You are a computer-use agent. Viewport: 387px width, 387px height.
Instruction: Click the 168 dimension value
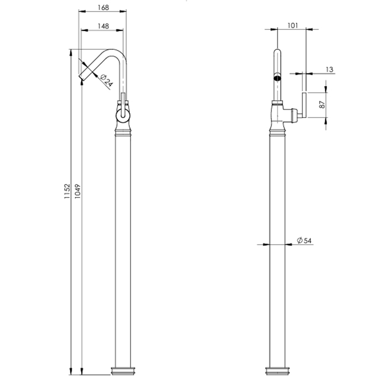[103, 8]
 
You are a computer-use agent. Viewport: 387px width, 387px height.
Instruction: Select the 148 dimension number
[103, 26]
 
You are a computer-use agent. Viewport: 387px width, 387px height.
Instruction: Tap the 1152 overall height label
[67, 191]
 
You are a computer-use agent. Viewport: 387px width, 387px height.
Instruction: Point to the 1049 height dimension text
[77, 191]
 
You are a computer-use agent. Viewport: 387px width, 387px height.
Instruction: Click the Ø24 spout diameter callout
[106, 80]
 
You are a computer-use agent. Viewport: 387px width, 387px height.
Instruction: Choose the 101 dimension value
[292, 25]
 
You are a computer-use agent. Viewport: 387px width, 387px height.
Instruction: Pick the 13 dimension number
[330, 70]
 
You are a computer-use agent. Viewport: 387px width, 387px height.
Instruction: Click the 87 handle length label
[322, 104]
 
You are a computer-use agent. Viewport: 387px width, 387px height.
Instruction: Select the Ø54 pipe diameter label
[304, 240]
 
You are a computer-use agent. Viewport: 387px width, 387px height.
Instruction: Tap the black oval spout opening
[278, 79]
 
